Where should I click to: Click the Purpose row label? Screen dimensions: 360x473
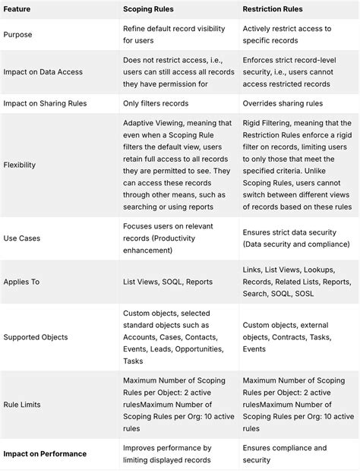pyautogui.click(x=19, y=34)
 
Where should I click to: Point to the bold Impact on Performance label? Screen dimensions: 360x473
pyautogui.click(x=44, y=454)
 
